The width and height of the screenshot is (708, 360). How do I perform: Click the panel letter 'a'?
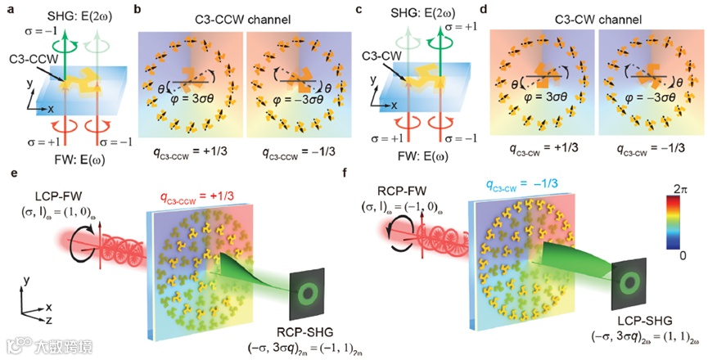[x=6, y=7]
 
